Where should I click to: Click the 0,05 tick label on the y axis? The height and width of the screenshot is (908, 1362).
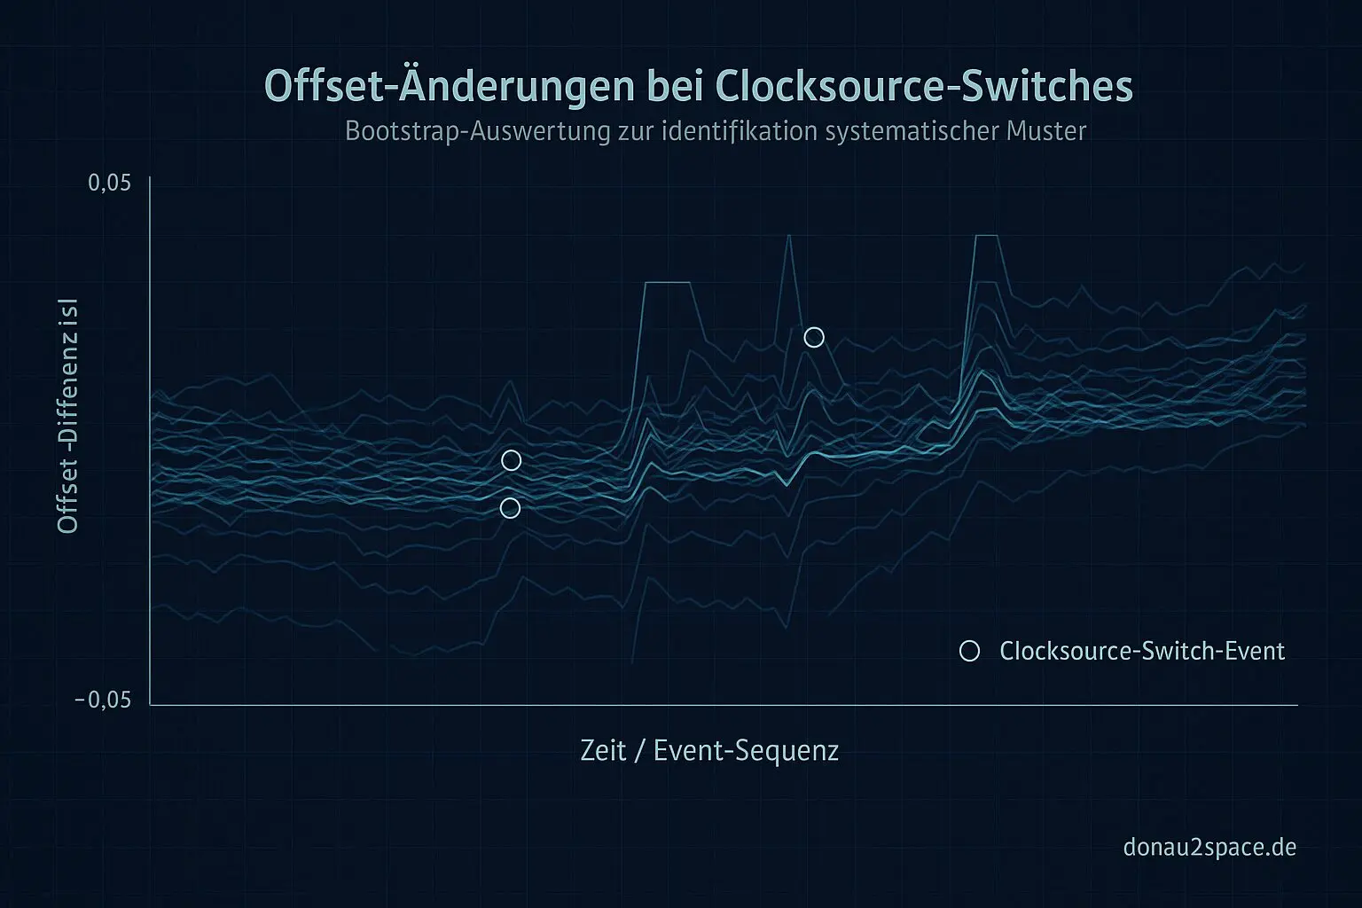tap(110, 184)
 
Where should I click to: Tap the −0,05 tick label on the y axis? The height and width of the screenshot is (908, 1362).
tap(103, 701)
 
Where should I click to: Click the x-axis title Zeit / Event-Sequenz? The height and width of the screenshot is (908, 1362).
tap(709, 751)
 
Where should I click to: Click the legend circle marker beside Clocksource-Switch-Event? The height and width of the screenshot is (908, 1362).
tap(969, 652)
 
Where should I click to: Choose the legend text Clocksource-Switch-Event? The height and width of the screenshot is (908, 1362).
tap(1142, 652)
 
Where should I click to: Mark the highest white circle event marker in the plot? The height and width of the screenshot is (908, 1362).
tap(814, 337)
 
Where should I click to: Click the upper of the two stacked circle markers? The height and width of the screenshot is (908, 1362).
tap(511, 460)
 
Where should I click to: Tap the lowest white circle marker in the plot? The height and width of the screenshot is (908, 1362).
tap(510, 508)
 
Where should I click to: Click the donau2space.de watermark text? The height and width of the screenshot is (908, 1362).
tap(1209, 847)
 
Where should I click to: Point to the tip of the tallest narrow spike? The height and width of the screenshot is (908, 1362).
tap(787, 236)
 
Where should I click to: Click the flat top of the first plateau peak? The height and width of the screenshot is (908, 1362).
tap(668, 282)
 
